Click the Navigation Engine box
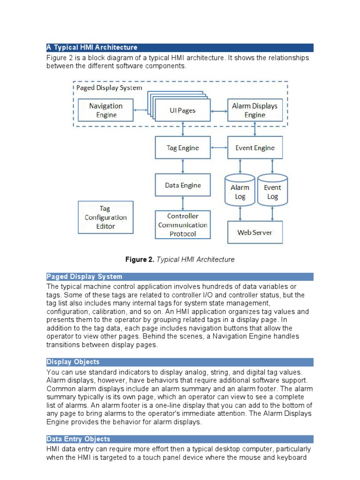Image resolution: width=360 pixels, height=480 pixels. pyautogui.click(x=106, y=111)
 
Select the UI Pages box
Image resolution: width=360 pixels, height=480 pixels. pyautogui.click(x=182, y=111)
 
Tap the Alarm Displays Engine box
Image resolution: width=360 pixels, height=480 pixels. pyautogui.click(x=255, y=111)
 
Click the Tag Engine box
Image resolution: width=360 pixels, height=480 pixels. pyautogui.click(x=183, y=148)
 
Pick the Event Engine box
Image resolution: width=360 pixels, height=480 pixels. pyautogui.click(x=255, y=148)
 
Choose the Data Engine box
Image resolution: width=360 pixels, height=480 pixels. pyautogui.click(x=183, y=185)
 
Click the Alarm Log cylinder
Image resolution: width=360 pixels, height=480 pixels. pyautogui.click(x=240, y=192)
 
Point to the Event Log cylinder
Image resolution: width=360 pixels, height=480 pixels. pyautogui.click(x=272, y=192)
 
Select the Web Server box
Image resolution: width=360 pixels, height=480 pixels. pyautogui.click(x=255, y=232)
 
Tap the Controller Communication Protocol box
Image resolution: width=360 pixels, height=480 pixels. pyautogui.click(x=183, y=225)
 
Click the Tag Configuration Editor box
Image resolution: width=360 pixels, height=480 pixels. pyautogui.click(x=105, y=217)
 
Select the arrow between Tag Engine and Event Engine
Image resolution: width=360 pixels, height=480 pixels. pyautogui.click(x=219, y=148)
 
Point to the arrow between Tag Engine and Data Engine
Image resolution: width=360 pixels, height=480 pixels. pyautogui.click(x=183, y=166)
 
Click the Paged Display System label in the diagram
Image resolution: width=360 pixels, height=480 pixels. pyautogui.click(x=109, y=88)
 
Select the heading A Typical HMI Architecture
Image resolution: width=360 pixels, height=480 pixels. pyautogui.click(x=92, y=47)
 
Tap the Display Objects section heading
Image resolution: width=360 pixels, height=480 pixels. pyautogui.click(x=73, y=362)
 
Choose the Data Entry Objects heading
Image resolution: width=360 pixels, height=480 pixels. pyautogui.click(x=78, y=439)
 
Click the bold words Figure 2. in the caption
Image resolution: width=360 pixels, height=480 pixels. pyautogui.click(x=139, y=259)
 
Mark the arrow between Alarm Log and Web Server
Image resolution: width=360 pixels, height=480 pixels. pyautogui.click(x=240, y=213)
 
